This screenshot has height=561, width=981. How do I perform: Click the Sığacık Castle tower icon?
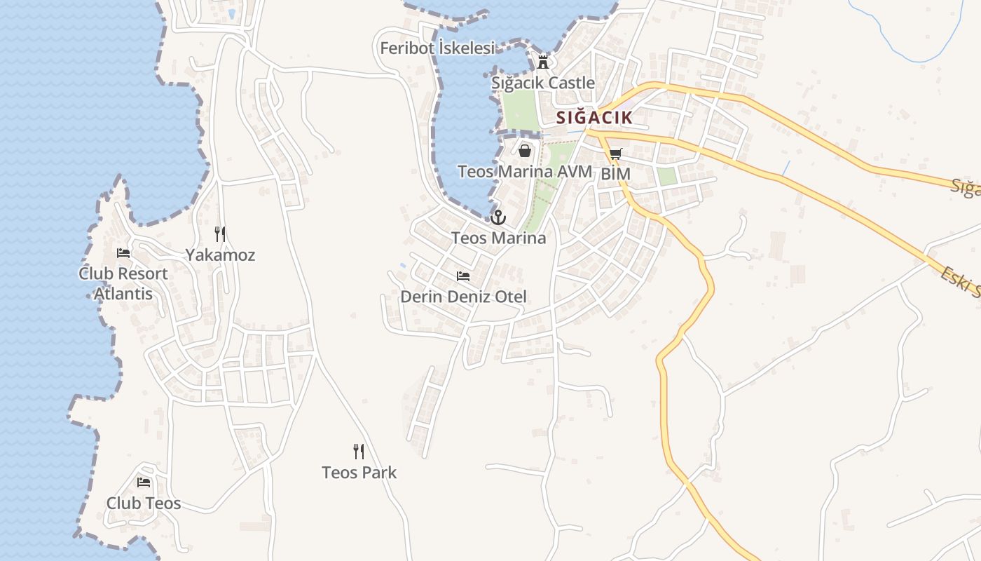tap(542, 62)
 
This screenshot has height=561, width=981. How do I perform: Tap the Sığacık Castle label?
tap(543, 83)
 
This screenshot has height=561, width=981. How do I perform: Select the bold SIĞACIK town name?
tap(594, 118)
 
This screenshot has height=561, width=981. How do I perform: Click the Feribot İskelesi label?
tap(437, 48)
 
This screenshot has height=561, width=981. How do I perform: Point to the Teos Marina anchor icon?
tap(498, 217)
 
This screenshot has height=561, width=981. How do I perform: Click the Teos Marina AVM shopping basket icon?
tap(525, 150)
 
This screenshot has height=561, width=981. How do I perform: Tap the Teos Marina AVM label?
tap(525, 171)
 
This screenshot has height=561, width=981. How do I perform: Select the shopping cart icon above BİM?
tap(615, 154)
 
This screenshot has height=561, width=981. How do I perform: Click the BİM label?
tap(616, 174)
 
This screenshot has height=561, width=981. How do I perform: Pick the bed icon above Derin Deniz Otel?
tap(463, 276)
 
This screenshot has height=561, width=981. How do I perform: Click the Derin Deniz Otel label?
tap(463, 297)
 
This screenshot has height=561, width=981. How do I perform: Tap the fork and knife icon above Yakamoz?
tap(220, 234)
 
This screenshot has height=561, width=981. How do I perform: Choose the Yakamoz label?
tap(220, 255)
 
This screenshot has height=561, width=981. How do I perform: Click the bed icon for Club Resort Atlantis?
tap(123, 253)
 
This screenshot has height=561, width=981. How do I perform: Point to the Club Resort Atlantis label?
tap(123, 283)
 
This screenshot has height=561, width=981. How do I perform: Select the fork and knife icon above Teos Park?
tap(359, 452)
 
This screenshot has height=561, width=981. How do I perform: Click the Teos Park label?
tap(359, 473)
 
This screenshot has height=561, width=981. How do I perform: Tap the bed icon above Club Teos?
tap(144, 482)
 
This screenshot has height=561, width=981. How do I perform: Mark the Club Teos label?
tap(144, 503)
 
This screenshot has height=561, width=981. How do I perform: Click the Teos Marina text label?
tap(498, 238)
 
